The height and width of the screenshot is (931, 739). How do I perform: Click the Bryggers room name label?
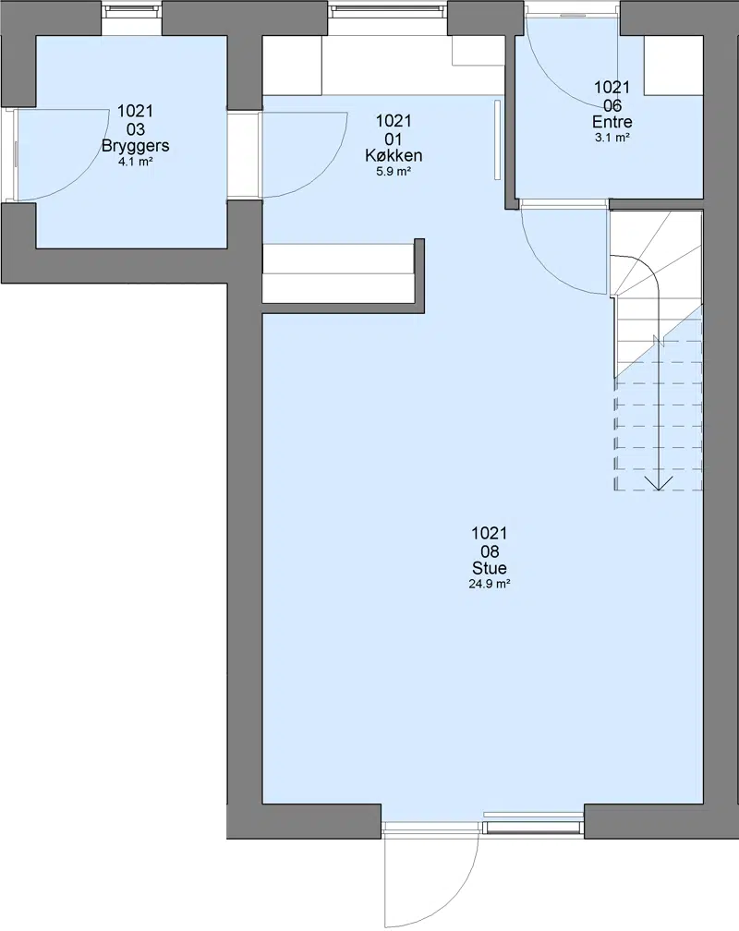pos(136,146)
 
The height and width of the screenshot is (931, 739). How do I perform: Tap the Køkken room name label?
pos(394,155)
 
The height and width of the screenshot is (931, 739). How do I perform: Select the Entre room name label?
pos(612,122)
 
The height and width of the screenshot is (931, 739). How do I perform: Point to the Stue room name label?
pos(490,568)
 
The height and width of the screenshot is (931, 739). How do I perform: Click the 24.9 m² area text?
pos(490,584)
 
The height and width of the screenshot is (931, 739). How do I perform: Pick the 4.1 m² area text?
pos(136,162)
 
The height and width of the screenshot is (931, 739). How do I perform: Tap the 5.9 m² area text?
pos(394,172)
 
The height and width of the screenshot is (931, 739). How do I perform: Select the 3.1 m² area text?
pos(612,138)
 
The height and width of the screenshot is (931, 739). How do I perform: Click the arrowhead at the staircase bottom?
pos(659,483)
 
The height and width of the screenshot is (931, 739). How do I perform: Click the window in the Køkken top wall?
pos(388,9)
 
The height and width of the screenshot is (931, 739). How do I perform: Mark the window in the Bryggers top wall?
pos(131,9)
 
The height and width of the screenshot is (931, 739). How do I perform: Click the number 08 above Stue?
pos(490,551)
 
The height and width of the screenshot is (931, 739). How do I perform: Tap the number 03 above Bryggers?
pos(136,129)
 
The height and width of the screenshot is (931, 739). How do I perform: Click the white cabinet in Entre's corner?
pos(673,66)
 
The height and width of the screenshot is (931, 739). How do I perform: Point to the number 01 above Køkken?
pos(394,139)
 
